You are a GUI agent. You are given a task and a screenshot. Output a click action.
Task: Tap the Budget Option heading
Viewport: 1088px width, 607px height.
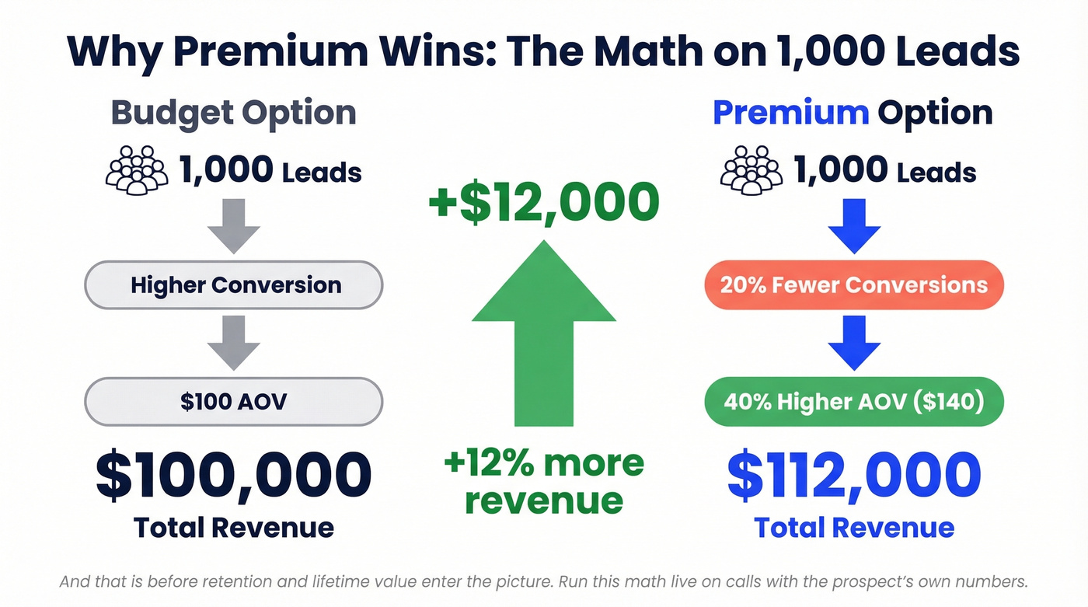pos(233,113)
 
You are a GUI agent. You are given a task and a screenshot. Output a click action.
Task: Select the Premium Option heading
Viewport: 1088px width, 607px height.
pos(853,113)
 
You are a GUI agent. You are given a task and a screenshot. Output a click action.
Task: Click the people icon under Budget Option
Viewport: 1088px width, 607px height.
pos(136,169)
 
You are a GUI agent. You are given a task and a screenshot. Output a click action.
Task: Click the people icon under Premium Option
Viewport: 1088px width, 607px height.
pos(751,169)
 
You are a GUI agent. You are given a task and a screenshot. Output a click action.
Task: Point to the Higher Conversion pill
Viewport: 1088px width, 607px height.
pos(233,284)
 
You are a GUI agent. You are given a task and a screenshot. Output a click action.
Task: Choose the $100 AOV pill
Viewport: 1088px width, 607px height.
pos(233,401)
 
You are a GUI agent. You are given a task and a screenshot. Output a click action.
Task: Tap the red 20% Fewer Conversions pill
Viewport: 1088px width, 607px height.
pos(853,284)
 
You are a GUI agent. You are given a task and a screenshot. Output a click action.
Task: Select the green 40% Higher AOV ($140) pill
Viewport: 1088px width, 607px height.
pos(853,401)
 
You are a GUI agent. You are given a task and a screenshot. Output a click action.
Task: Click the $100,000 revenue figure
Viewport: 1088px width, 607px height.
pos(233,475)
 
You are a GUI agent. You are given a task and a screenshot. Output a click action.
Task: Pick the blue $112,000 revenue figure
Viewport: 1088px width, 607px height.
pos(853,475)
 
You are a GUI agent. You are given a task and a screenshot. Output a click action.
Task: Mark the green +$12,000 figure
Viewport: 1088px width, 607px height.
pos(543,202)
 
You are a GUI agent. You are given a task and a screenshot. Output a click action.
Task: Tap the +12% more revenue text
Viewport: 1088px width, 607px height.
pos(543,482)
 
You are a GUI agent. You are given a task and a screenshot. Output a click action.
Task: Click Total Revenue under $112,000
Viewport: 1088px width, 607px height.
pos(853,528)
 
